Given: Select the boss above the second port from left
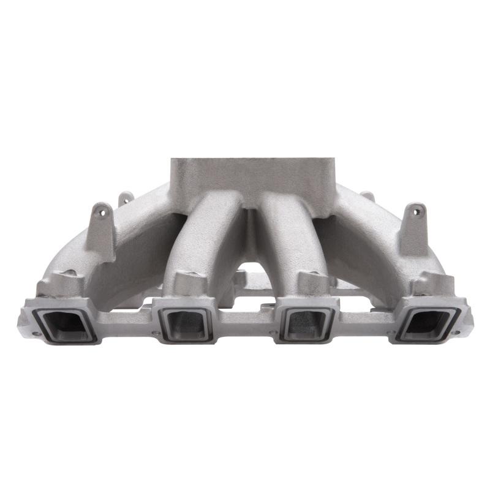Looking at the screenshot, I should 187,281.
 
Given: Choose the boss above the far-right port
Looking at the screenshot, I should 432,285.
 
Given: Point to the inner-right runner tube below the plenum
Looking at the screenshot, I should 287,239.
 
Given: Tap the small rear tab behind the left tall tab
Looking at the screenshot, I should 126,197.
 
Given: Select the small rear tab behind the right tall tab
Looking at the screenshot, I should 367,197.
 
